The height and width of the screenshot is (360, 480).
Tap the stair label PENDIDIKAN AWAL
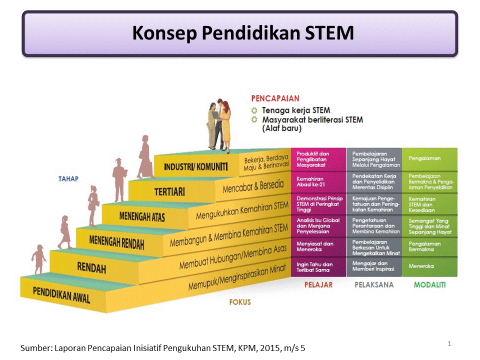pos(61,294)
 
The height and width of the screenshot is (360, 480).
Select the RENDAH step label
pos(91,268)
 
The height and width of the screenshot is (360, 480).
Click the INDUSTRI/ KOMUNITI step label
pos(195,166)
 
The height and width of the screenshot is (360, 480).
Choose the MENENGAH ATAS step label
pos(142,216)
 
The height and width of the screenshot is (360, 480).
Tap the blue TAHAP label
pos(68,178)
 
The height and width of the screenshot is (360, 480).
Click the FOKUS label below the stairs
pos(240,302)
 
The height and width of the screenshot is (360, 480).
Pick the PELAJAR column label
pos(318,285)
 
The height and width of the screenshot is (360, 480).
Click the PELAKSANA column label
pos(374,285)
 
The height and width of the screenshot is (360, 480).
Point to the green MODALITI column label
pos(429,285)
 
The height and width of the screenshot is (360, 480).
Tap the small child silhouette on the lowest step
pos(38,259)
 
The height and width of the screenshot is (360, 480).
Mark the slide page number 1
pos(449,343)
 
